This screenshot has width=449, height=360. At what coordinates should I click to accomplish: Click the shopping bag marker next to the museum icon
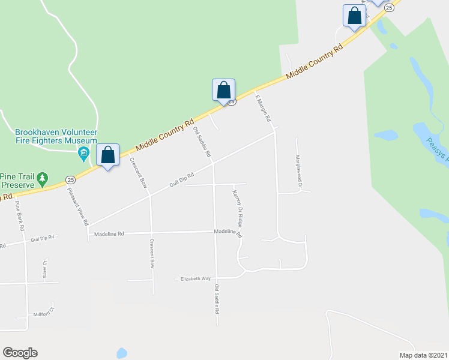(x=107, y=155)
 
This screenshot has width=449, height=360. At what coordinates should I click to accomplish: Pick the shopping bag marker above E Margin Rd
(x=223, y=91)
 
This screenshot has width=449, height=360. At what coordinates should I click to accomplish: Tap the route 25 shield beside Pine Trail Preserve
(x=70, y=179)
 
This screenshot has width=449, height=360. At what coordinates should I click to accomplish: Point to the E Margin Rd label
(x=264, y=109)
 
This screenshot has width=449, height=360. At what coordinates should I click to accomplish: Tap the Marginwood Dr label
(x=298, y=170)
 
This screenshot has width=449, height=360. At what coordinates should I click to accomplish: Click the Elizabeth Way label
(x=193, y=279)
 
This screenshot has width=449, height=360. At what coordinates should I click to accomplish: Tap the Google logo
(x=20, y=353)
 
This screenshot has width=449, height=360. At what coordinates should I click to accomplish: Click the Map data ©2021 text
(x=423, y=355)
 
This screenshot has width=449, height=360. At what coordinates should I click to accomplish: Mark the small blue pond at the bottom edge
(x=122, y=354)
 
